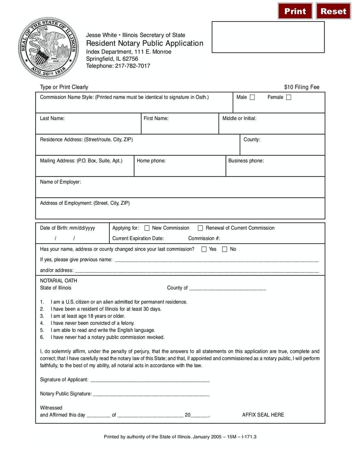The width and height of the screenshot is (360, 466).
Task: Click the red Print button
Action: pyautogui.click(x=295, y=11)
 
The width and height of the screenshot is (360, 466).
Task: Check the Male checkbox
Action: pyautogui.click(x=252, y=97)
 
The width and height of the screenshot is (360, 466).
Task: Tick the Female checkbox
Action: pyautogui.click(x=288, y=97)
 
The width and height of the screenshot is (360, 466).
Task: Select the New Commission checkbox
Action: pyautogui.click(x=147, y=228)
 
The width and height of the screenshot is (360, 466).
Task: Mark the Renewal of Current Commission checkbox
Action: pyautogui.click(x=201, y=228)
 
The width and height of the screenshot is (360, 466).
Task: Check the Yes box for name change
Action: pyautogui.click(x=204, y=249)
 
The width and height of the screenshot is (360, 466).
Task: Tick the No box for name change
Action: pyautogui.click(x=225, y=249)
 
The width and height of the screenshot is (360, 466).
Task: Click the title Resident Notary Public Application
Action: pyautogui.click(x=144, y=43)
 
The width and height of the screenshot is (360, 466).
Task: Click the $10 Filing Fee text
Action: pyautogui.click(x=301, y=87)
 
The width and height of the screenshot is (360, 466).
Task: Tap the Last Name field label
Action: pyautogui.click(x=52, y=118)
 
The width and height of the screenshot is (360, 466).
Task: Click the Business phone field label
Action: pyautogui.click(x=246, y=161)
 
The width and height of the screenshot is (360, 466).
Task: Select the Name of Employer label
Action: pyautogui.click(x=60, y=182)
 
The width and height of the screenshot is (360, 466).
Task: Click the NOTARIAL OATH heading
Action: pyautogui.click(x=58, y=281)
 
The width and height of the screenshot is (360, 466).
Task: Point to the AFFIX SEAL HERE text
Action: pyautogui.click(x=263, y=415)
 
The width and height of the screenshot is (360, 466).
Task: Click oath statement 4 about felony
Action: pyautogui.click(x=92, y=323)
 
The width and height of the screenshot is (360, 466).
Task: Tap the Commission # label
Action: pyautogui.click(x=204, y=239)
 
